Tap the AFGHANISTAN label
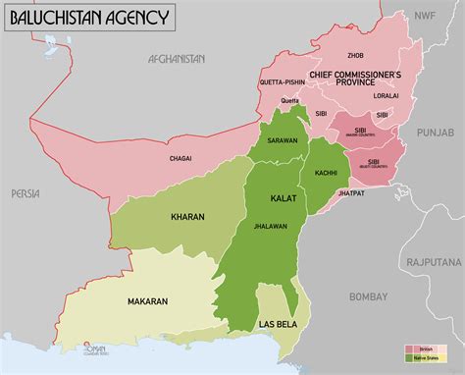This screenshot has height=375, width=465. (177, 59)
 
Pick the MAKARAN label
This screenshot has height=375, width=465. (148, 301)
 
